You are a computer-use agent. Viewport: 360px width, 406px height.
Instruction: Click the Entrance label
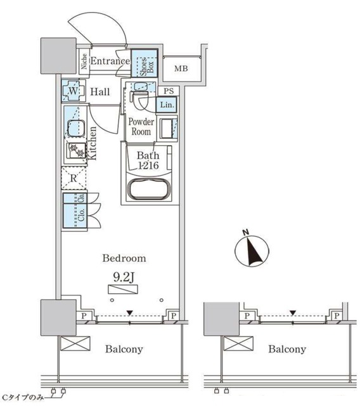tap(110, 61)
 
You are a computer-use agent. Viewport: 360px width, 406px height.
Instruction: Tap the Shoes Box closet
tap(145, 63)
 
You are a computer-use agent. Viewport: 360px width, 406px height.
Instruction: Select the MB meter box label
tap(181, 69)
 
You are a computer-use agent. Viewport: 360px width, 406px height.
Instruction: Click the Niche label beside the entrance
tap(84, 62)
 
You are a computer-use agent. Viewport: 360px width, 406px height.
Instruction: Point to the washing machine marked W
tap(74, 91)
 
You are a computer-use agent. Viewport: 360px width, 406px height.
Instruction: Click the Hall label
tap(100, 91)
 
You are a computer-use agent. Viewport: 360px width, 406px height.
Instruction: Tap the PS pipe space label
tap(169, 91)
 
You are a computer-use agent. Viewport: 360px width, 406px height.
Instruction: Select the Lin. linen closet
tap(167, 105)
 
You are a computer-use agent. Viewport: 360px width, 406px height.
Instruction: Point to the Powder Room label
tap(141, 127)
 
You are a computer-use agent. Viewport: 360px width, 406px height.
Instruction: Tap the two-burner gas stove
tap(77, 151)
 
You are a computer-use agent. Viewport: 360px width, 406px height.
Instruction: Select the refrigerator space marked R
tap(74, 178)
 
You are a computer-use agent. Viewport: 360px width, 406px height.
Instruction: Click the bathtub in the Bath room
tap(150, 189)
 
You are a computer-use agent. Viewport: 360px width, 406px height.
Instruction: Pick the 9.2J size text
tap(123, 278)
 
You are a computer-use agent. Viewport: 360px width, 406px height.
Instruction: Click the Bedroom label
tap(124, 258)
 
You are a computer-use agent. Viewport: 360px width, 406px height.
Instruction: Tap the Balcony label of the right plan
tap(287, 350)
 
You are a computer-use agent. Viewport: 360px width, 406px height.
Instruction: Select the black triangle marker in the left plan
tap(129, 313)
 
